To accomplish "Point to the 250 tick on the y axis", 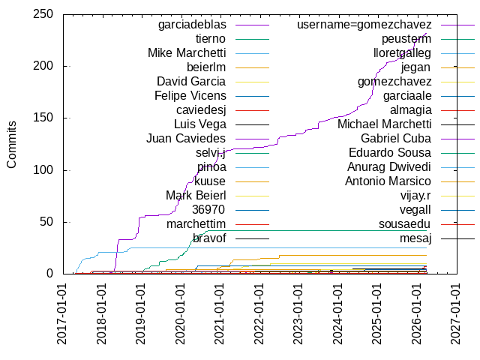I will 43,14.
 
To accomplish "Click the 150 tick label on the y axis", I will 43,118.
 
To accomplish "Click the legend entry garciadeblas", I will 192,25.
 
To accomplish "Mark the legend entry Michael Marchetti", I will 384,124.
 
